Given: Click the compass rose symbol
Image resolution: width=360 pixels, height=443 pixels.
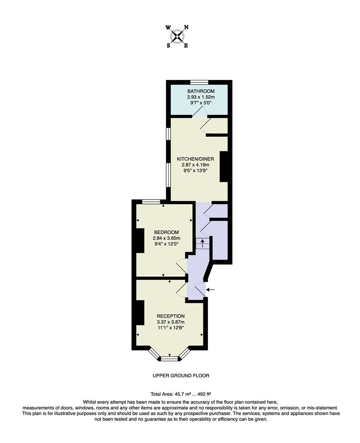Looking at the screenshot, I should pos(177,37).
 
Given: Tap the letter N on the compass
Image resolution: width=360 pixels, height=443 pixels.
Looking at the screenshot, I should pos(186,27).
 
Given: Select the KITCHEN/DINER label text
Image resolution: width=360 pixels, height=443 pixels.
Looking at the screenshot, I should pos(195,159).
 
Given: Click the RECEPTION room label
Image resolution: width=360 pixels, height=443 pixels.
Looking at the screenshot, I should pos(171,316).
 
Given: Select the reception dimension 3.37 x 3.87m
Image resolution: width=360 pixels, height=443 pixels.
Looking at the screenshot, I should pos(171,322).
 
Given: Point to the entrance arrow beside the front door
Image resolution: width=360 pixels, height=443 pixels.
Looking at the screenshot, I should pos(210,290).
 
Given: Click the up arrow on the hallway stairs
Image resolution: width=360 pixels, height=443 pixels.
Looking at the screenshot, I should pos(202,243).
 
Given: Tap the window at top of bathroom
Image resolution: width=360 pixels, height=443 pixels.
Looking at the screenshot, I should pos(199,82).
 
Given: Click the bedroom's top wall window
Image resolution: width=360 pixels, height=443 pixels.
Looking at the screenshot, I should pos(151,201).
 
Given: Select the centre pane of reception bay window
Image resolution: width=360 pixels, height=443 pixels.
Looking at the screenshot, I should pos(169,359).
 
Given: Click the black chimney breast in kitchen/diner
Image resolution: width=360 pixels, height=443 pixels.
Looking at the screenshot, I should pos(224,167).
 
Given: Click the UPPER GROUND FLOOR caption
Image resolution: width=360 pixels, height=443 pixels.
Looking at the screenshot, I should pos(181,376).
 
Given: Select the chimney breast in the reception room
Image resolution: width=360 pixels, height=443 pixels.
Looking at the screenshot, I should pos(139,313).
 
